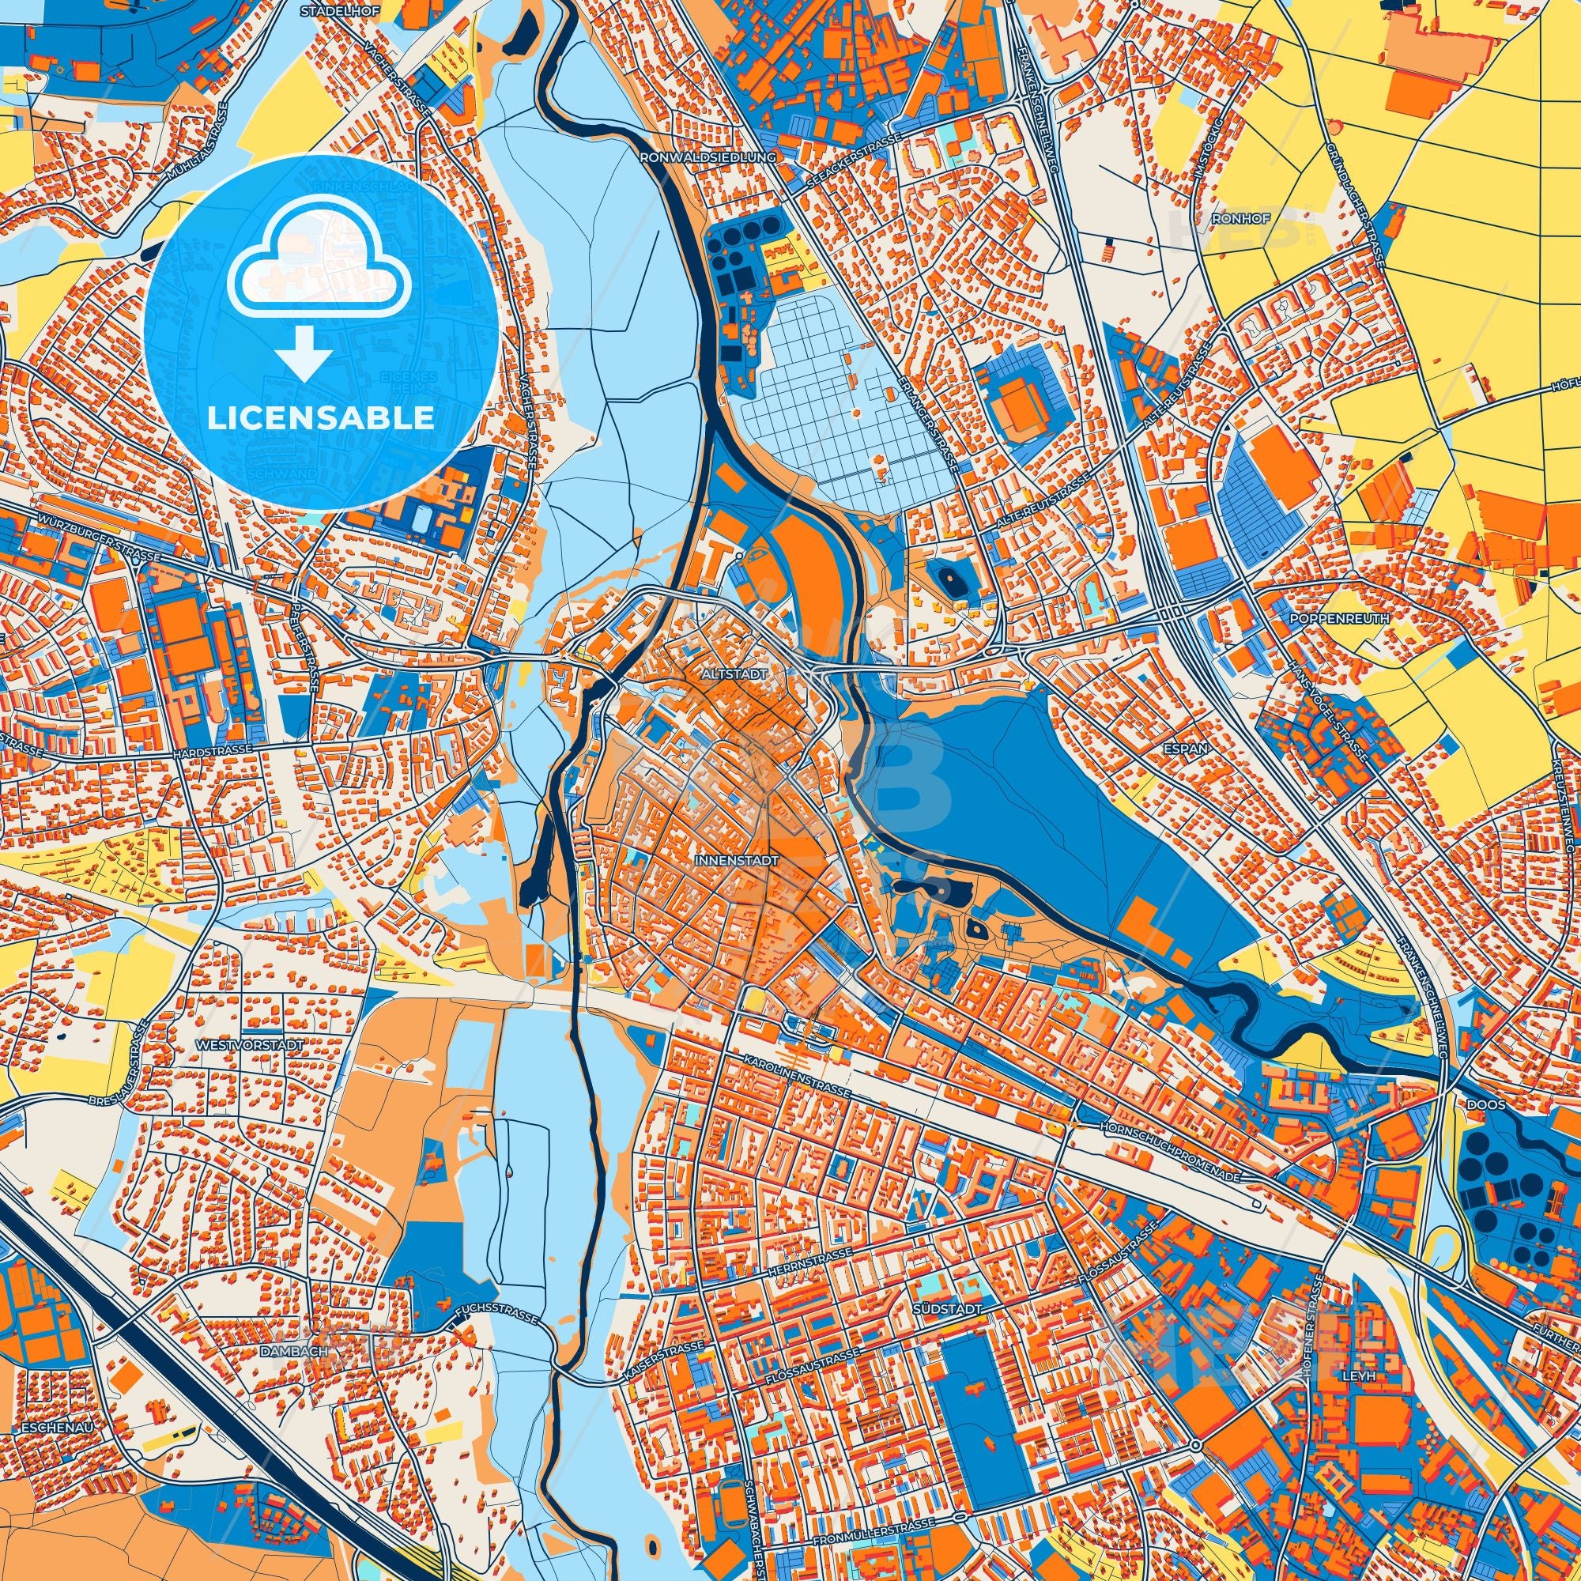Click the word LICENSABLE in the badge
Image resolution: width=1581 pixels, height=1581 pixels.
pos(321,418)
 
